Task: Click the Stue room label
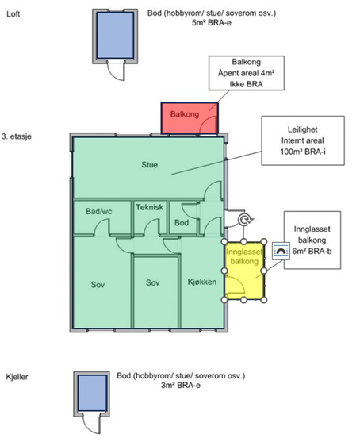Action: [150, 165]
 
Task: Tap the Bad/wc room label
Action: [99, 211]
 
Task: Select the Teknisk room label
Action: [150, 207]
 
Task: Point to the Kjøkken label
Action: [202, 282]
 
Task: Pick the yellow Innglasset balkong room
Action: [244, 271]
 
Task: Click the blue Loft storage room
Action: [115, 36]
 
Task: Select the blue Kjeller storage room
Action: [92, 393]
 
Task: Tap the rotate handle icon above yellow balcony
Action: [246, 220]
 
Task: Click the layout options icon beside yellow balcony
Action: [281, 251]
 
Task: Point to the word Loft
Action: [13, 14]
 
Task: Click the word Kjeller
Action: [17, 377]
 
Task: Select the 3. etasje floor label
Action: [16, 136]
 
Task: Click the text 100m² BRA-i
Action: [303, 152]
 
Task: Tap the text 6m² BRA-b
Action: [312, 251]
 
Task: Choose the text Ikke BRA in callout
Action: [247, 84]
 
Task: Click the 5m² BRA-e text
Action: [212, 23]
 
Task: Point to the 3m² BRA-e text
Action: [181, 386]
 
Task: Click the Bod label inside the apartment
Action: [182, 223]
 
